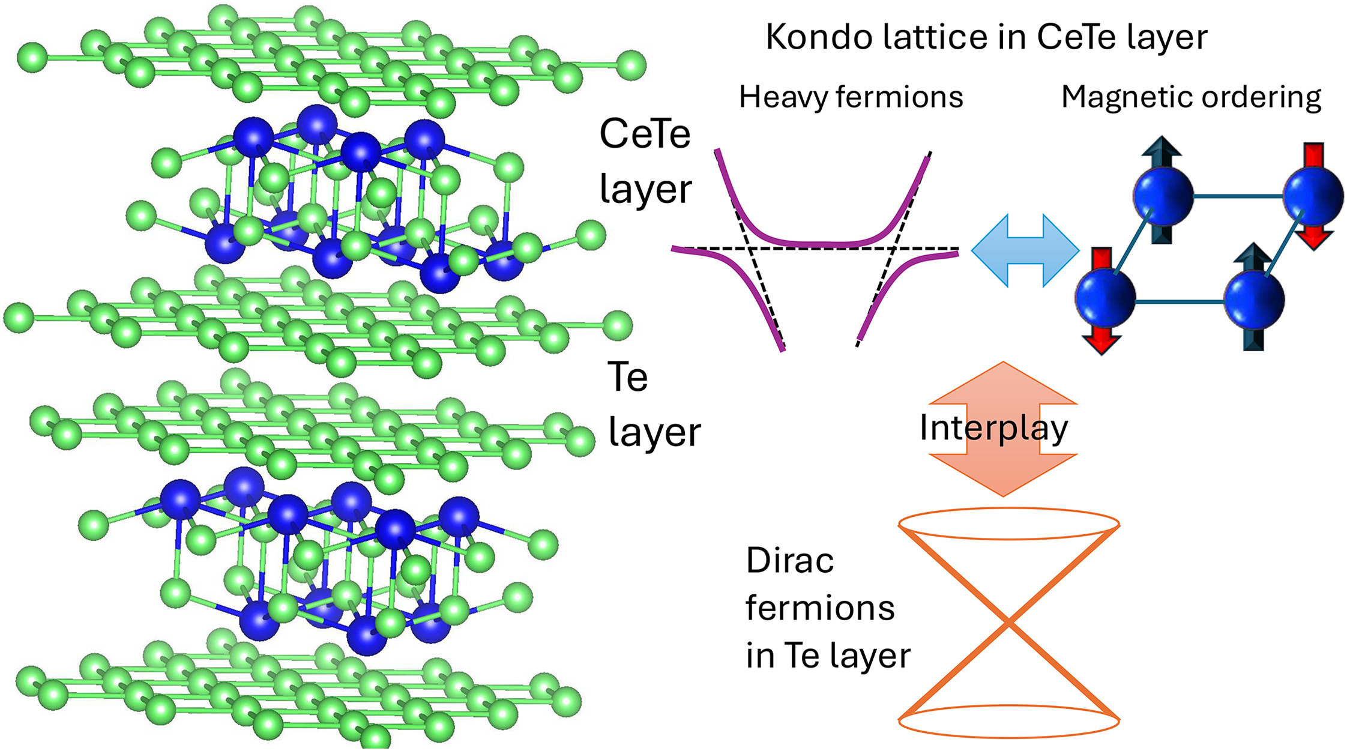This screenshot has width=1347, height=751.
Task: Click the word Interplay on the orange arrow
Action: pos(993,429)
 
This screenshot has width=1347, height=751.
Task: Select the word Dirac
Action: pos(790,561)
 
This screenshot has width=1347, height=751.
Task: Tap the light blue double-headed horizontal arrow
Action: pos(1025,250)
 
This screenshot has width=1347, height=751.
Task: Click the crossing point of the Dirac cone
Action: pos(1009,623)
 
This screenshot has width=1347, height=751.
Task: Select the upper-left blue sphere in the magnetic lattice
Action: pos(1163,196)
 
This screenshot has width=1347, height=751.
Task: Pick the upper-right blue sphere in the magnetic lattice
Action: pos(1313,196)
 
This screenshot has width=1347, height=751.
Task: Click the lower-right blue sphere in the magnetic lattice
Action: pos(1254,298)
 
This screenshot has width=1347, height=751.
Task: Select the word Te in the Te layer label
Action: pos(627,378)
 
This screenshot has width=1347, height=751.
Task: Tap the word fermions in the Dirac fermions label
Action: pos(820,608)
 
